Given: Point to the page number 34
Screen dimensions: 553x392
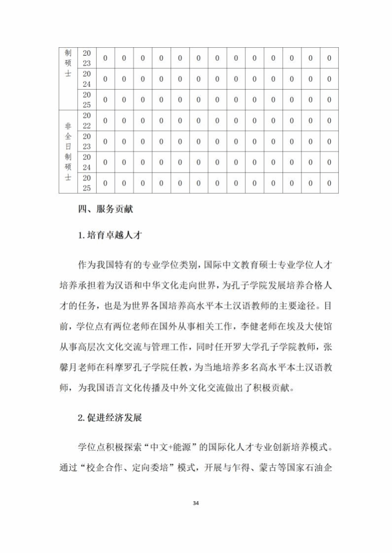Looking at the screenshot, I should coord(196,503).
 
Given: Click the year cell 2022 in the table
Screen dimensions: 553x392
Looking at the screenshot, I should coord(86,121).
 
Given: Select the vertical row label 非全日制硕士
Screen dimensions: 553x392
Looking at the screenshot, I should coord(68,152).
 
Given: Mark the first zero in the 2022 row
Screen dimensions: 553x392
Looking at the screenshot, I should coord(105,121).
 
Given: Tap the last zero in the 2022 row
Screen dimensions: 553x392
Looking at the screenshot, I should coord(329,121).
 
